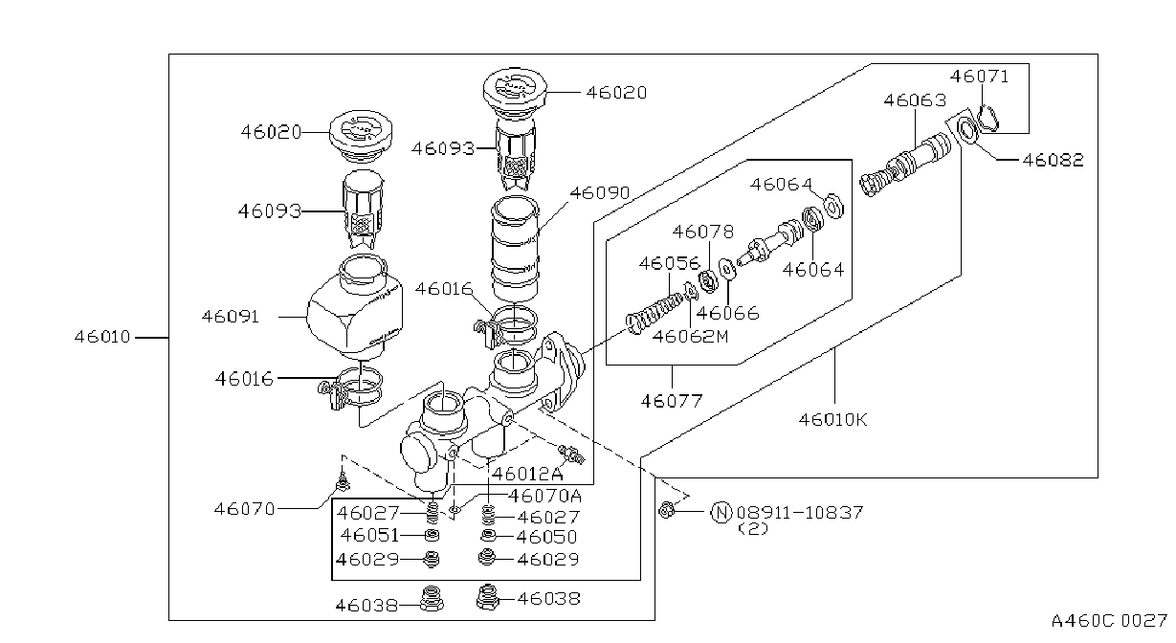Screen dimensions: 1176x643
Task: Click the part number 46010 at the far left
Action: point(102,337)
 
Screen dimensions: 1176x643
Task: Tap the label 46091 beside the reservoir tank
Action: point(231,317)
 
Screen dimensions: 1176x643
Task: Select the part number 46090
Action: point(600,192)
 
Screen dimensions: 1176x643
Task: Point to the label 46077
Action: point(672,401)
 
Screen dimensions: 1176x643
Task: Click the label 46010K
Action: point(833,419)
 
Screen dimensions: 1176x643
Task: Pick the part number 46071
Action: point(980,77)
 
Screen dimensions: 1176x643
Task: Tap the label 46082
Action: point(1054,160)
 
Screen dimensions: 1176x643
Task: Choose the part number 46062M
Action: point(690,336)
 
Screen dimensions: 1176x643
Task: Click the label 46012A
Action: point(527,474)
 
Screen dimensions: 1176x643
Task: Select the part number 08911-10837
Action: point(800,512)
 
